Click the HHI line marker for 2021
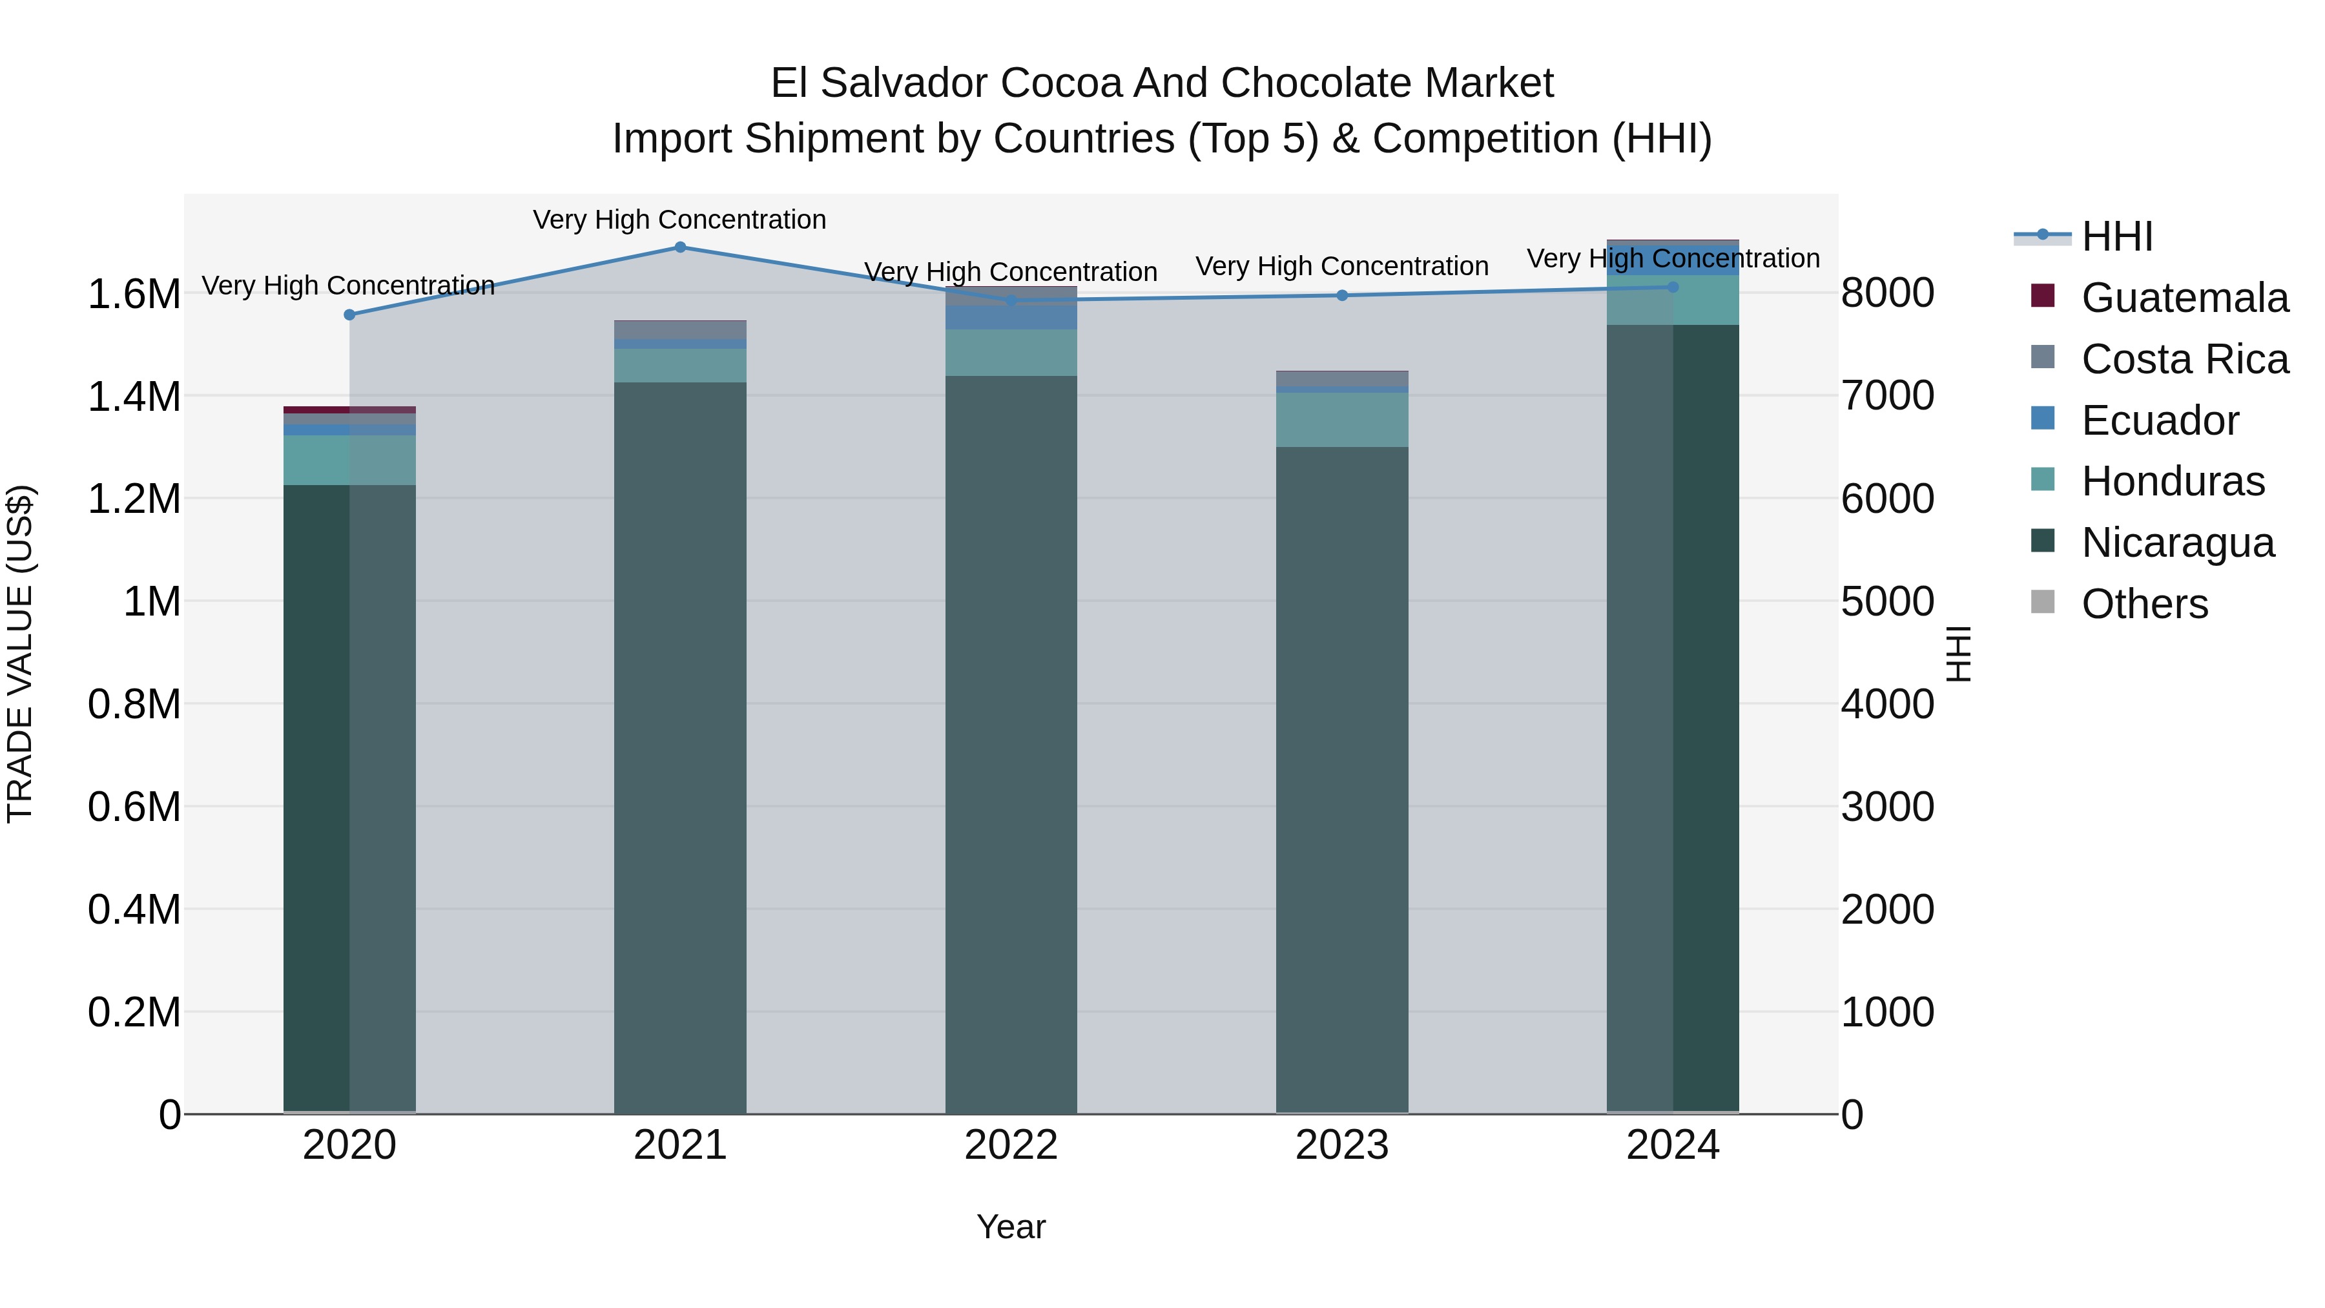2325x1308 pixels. tap(681, 247)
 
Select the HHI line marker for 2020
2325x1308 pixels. tap(349, 315)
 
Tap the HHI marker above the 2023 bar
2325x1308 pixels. tap(1342, 295)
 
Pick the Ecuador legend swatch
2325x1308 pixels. tap(2043, 419)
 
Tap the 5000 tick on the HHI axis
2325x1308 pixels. tap(1887, 602)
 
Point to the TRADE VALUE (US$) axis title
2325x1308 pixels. tap(20, 654)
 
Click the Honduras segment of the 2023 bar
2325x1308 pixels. tap(1342, 420)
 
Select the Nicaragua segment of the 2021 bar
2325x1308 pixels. tap(681, 749)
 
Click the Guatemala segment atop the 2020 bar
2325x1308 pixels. tap(349, 410)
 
